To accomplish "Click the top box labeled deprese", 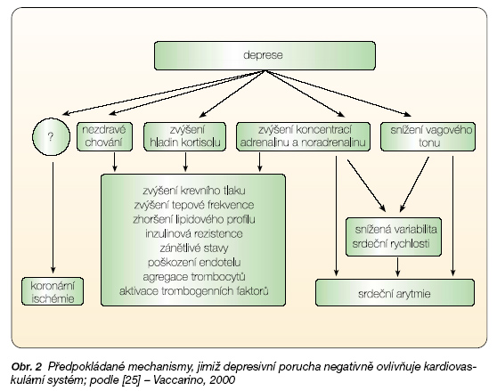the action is point(265,55).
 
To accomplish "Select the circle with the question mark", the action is point(51,137).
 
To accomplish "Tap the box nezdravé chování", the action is point(104,136).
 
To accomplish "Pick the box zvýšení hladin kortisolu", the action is point(184,136).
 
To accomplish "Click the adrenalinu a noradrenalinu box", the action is point(303,136).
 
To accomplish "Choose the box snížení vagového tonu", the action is point(428,136).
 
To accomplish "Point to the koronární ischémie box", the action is point(53,291).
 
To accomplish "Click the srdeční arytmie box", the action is point(395,292).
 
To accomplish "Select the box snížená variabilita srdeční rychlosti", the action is point(394,237).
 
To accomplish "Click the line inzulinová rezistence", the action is point(194,234).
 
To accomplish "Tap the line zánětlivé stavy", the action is point(194,248).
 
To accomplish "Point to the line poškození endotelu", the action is point(194,263).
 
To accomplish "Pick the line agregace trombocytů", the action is point(194,277).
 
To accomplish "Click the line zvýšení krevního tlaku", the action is point(194,191).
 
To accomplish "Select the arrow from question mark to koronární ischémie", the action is point(53,217).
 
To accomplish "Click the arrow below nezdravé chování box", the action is point(115,162).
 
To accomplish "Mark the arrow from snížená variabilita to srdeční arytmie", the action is point(398,267).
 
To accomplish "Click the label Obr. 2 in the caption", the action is point(27,367).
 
